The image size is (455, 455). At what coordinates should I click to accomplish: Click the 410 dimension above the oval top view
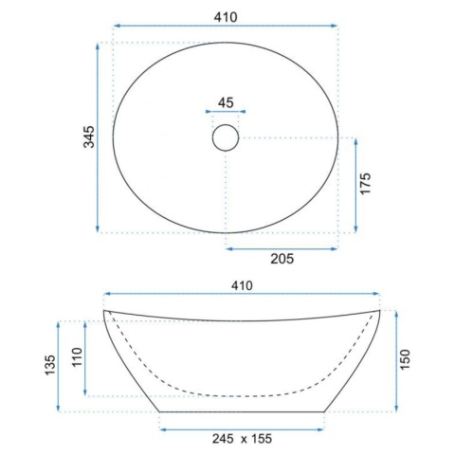[226, 17]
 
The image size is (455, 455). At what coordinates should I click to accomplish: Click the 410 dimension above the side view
[242, 285]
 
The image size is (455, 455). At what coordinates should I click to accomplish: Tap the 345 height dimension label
[89, 136]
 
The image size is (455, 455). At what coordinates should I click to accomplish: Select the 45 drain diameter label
[226, 102]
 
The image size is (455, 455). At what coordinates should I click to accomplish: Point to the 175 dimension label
[365, 184]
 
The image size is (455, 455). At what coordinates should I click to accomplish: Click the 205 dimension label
[282, 259]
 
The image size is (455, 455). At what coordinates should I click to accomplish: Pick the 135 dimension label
[50, 365]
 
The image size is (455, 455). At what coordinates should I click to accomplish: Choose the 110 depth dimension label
[77, 357]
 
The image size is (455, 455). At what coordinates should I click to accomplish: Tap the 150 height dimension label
[405, 359]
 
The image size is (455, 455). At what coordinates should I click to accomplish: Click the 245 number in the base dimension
[223, 439]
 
